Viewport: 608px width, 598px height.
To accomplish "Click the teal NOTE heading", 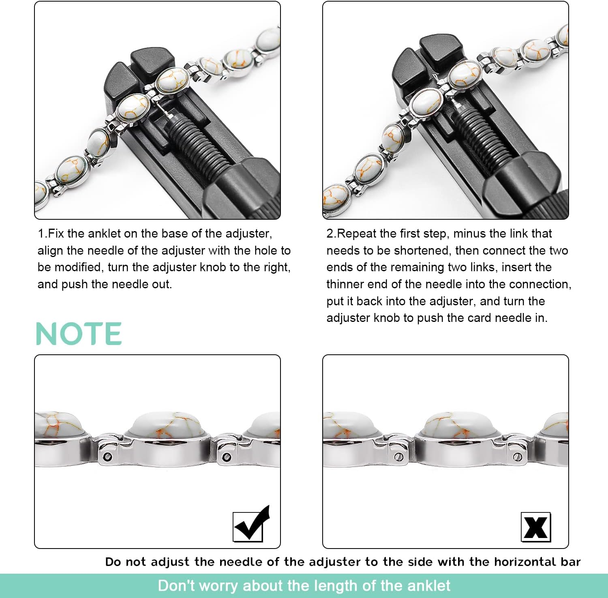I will click(x=79, y=334).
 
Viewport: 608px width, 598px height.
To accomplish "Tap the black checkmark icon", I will click(x=251, y=525).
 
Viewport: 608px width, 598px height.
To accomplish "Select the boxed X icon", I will click(x=535, y=527).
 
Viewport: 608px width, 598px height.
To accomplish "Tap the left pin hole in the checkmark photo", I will click(x=107, y=457).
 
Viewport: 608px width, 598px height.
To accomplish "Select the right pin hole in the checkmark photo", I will click(x=227, y=457).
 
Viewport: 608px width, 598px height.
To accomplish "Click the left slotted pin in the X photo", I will click(x=397, y=457).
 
